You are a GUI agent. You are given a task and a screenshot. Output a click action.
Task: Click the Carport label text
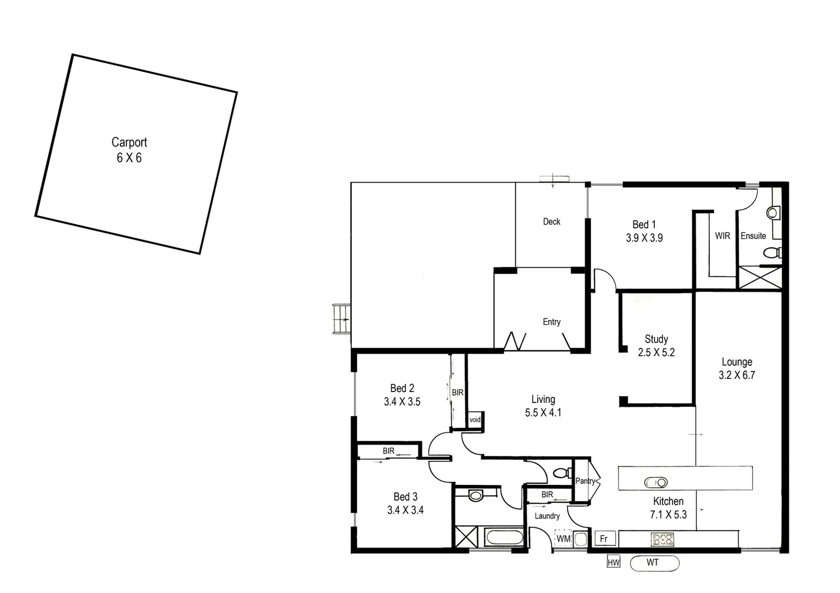click(129, 142)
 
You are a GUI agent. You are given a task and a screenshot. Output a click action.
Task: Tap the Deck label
click(552, 222)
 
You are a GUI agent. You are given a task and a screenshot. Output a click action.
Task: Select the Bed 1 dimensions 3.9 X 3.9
click(644, 238)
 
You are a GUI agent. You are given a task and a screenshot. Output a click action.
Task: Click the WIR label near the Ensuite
click(722, 236)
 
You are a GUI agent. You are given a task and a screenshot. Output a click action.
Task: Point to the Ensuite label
click(753, 236)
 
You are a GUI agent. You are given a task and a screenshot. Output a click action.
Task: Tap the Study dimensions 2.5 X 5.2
click(656, 353)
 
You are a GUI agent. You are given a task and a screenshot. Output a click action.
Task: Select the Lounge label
click(737, 362)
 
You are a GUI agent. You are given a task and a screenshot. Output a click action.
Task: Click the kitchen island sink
click(655, 483)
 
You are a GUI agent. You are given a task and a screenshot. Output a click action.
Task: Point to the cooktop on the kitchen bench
click(663, 539)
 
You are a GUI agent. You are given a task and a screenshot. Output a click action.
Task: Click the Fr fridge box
click(604, 539)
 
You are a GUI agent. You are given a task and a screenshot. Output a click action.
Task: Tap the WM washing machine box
click(564, 539)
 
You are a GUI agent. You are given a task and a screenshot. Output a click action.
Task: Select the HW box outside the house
click(613, 562)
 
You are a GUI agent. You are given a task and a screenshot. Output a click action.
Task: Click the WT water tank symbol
click(654, 563)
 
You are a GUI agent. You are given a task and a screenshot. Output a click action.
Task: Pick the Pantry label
click(586, 481)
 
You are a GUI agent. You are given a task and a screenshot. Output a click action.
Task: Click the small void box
click(475, 420)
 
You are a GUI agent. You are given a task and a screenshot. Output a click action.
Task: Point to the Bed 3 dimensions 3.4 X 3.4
click(405, 510)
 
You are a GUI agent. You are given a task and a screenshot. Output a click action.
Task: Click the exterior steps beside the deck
click(341, 319)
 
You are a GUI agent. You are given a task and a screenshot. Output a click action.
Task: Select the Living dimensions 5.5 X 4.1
click(543, 413)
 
